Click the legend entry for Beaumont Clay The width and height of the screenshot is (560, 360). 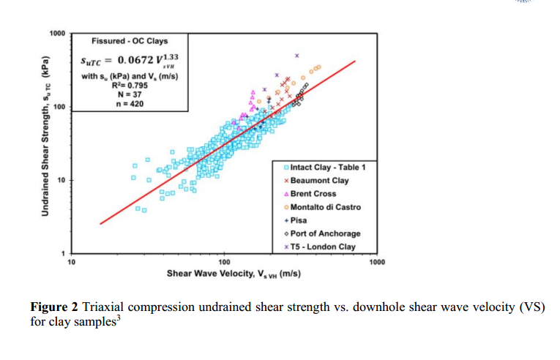pyautogui.click(x=320, y=181)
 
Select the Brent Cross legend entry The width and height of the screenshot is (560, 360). pyautogui.click(x=313, y=194)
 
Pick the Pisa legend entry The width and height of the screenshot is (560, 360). pyautogui.click(x=299, y=220)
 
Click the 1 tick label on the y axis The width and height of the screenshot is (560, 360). pyautogui.click(x=63, y=252)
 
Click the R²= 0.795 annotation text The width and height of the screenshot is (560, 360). pyautogui.click(x=122, y=86)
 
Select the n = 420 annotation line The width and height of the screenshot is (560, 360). pyautogui.click(x=123, y=104)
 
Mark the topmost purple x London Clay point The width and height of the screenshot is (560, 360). pyautogui.click(x=297, y=56)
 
